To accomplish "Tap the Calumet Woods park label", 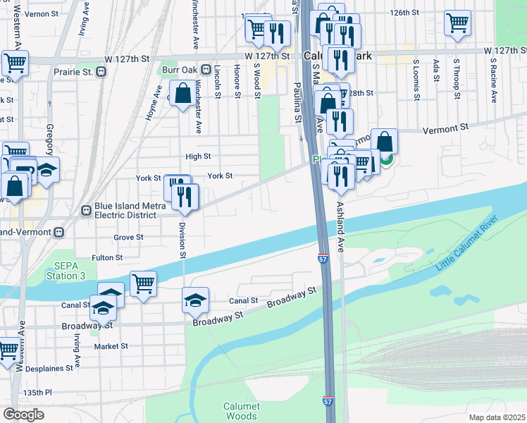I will pos(242,412).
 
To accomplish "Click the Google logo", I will pos(23,415).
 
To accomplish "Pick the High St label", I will pos(198,157).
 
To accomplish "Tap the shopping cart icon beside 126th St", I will pos(457,23).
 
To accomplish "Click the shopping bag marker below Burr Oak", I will pos(182,94).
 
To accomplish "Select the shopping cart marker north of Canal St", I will pos(143,284).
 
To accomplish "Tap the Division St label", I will pos(182,239).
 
